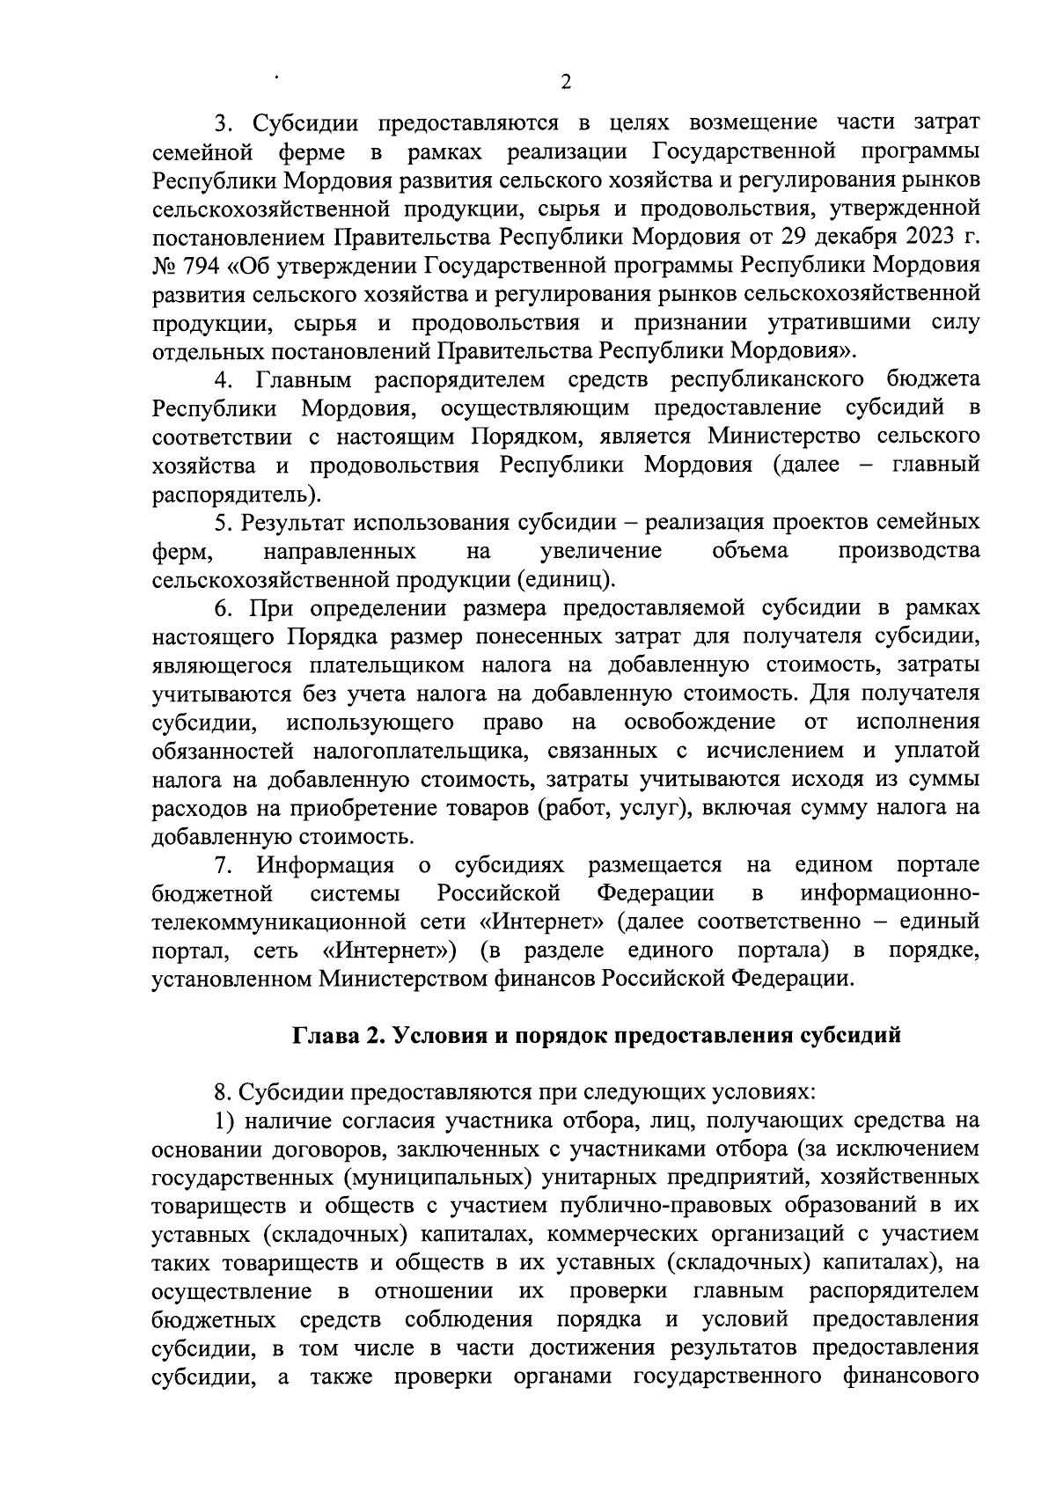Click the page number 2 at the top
point(566,82)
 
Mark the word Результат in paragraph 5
point(294,522)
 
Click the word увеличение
point(600,551)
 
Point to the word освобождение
point(700,723)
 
